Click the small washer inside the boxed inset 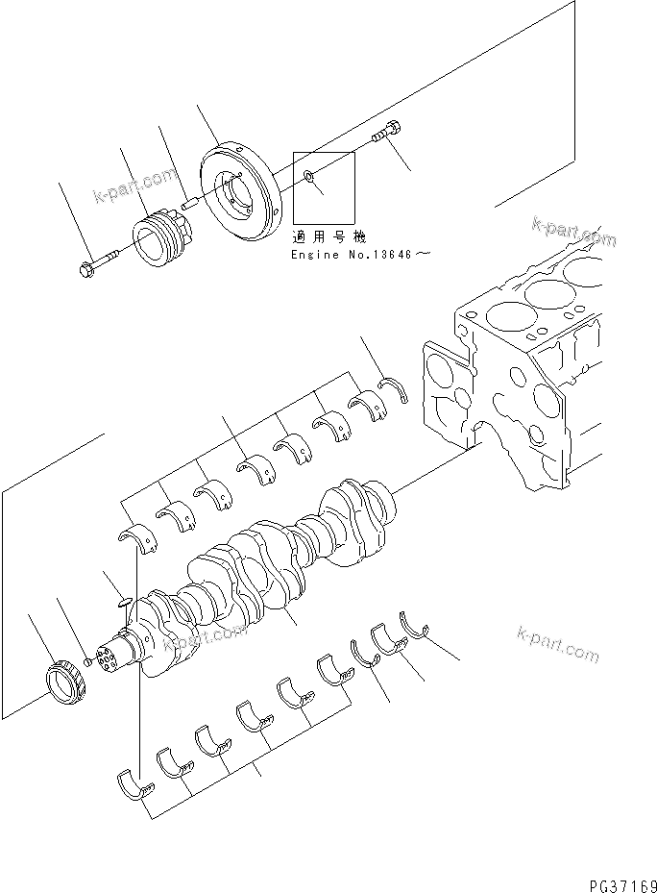(306, 176)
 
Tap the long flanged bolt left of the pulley (96, 262)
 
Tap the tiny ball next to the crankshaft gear (88, 661)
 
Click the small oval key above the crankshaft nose (120, 604)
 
